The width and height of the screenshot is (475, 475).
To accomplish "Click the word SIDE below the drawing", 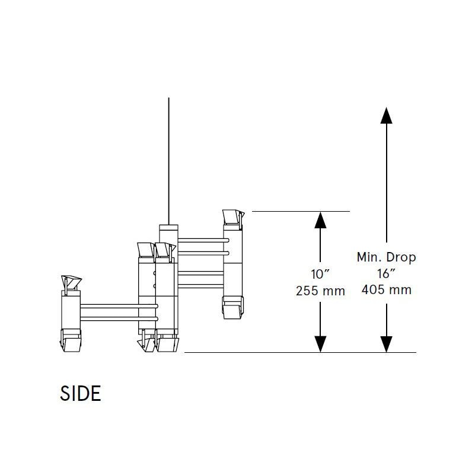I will (x=81, y=394).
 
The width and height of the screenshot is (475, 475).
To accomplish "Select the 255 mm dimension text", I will (x=320, y=291).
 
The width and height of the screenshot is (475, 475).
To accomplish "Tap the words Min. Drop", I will (x=386, y=257).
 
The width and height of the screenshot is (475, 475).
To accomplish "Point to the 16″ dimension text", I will (x=386, y=274).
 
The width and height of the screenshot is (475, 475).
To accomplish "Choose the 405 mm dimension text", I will (x=386, y=290).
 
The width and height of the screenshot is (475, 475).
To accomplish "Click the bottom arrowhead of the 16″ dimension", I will (x=386, y=344).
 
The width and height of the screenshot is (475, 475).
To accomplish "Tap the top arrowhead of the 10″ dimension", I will (x=320, y=220).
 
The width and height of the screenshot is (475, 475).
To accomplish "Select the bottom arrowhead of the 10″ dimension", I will (x=320, y=344).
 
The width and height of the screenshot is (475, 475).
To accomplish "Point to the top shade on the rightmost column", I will (x=232, y=218).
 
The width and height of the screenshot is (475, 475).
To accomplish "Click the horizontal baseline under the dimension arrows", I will (x=299, y=352).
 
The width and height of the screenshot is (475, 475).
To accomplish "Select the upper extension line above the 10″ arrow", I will (x=301, y=211).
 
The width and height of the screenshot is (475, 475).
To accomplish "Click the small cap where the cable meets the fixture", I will (x=168, y=228).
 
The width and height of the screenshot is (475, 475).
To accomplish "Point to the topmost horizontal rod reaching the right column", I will (x=202, y=239).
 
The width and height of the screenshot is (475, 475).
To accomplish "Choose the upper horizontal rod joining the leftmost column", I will (x=119, y=306).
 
